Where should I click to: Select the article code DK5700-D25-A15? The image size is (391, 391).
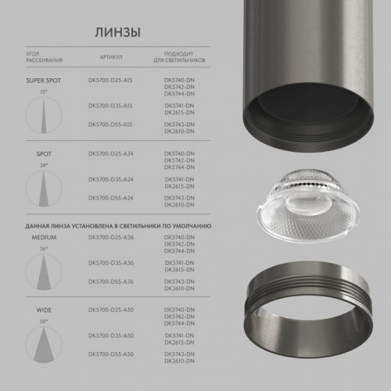tap(110, 81)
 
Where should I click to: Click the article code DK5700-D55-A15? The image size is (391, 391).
tap(110, 124)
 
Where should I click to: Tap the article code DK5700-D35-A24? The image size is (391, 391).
tap(110, 178)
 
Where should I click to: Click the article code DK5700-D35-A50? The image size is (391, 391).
tap(110, 334)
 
